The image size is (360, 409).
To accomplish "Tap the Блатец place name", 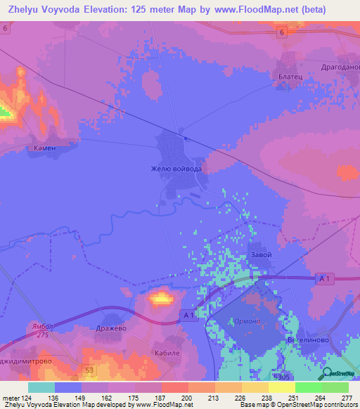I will click(288, 72).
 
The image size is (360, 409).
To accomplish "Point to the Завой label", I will click(260, 254).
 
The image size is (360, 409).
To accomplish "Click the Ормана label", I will click(247, 321).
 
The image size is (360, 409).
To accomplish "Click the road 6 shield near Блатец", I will click(281, 33).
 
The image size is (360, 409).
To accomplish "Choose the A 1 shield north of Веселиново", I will click(324, 280).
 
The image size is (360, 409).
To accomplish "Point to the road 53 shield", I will click(88, 369).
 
